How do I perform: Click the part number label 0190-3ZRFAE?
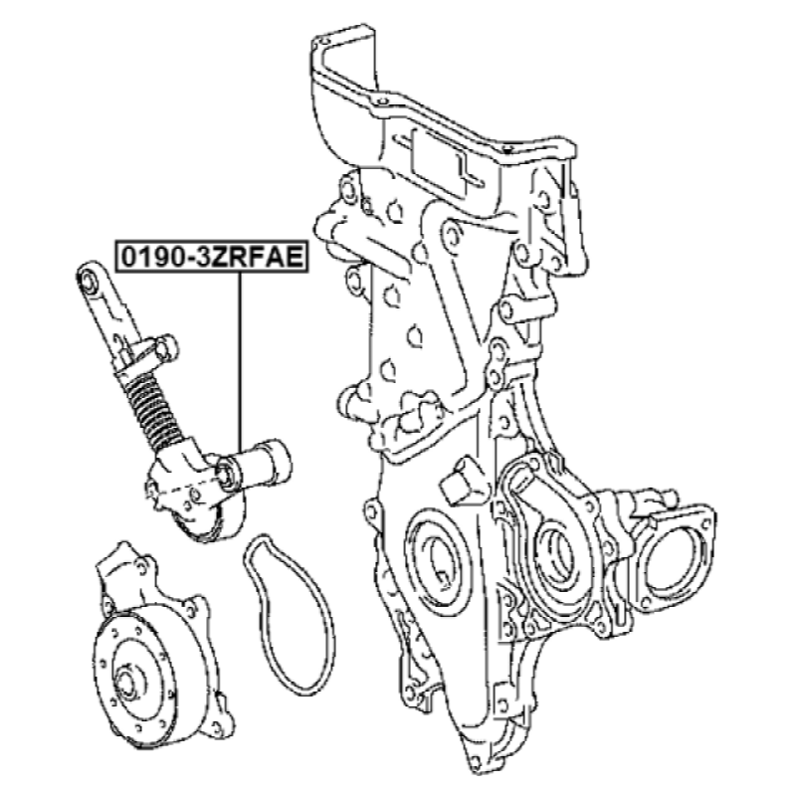point(212,257)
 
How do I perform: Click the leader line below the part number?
point(239,362)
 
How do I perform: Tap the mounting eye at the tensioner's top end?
point(89,279)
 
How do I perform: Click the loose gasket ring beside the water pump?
point(291,615)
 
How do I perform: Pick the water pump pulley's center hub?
point(128,684)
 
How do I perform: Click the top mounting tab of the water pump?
point(124,559)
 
